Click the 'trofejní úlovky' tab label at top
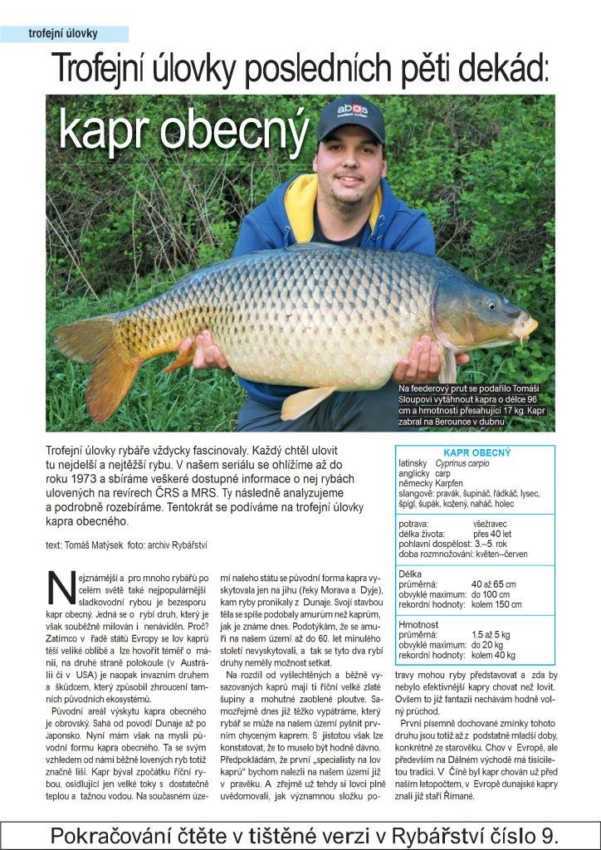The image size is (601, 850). point(63,34)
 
